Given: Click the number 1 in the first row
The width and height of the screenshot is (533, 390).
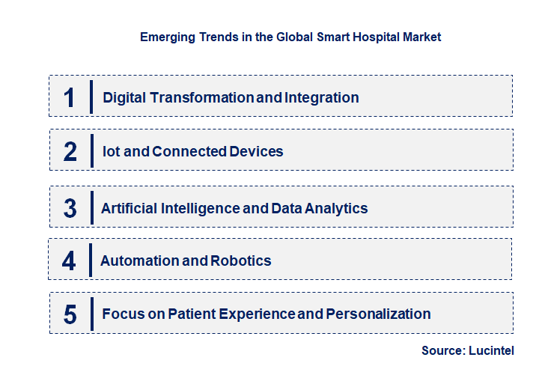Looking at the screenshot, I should click(70, 97).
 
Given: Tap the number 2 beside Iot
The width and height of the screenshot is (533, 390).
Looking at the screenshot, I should click(70, 151).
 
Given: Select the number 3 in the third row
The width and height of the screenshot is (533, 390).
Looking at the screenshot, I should click(70, 208).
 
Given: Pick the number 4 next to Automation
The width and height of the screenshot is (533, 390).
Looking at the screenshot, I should click(69, 260).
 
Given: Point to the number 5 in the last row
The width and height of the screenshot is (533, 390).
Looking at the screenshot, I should click(70, 314).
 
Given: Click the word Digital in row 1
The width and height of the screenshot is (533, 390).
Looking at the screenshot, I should click(124, 97).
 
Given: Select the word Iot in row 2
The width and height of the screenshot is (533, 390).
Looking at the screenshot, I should click(112, 151).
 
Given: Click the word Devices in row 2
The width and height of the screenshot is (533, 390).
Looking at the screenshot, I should click(256, 151).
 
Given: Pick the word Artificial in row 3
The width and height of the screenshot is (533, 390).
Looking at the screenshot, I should click(130, 208).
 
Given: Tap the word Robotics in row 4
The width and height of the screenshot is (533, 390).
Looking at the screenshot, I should click(241, 260).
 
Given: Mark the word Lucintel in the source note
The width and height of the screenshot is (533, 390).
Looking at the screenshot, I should click(492, 350).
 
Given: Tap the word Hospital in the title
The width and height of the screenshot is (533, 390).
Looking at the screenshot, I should click(360, 37).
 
